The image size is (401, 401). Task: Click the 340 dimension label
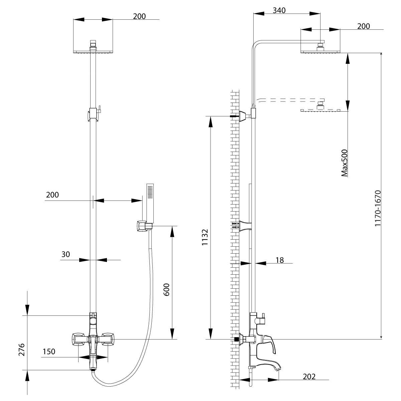279,10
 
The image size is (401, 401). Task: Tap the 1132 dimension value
205,238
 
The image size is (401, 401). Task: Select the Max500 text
345,163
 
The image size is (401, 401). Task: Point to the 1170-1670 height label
378,209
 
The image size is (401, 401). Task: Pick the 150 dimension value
49,352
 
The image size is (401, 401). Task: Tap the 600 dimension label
167,289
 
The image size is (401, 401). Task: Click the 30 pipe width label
65,254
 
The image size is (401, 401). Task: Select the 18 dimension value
280,260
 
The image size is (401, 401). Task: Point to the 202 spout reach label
309,377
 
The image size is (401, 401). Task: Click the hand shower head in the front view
150,203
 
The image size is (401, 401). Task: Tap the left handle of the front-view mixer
78,340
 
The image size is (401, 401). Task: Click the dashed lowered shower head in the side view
320,107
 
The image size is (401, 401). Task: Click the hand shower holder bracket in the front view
142,226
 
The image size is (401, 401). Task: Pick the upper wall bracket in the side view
246,115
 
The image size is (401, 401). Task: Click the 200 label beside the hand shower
52,195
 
